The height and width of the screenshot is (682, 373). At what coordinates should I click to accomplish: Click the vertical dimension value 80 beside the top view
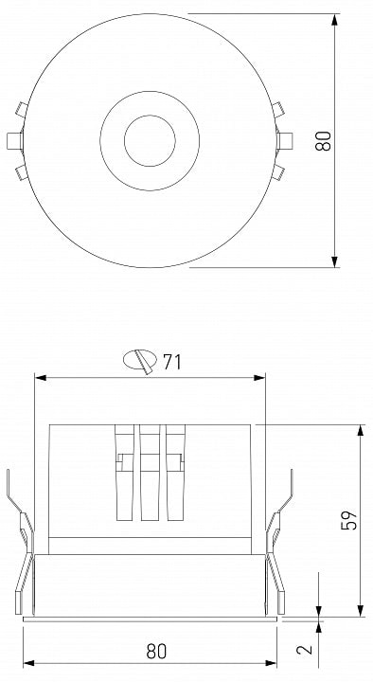click(323, 140)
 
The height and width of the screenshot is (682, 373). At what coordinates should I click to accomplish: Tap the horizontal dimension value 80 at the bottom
click(156, 651)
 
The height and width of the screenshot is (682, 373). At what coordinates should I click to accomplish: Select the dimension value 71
click(171, 362)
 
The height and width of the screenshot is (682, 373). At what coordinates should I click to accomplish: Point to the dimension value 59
click(349, 519)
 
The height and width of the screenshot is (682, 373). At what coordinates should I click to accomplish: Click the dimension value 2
click(304, 649)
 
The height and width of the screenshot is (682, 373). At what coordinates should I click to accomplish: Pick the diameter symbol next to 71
click(140, 361)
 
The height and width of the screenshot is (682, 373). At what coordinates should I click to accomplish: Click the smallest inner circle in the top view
click(150, 141)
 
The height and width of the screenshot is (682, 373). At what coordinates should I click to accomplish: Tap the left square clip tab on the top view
click(15, 141)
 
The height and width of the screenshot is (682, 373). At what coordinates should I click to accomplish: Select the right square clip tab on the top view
click(284, 141)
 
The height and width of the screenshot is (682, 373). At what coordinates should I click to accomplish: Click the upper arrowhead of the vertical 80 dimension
click(335, 20)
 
